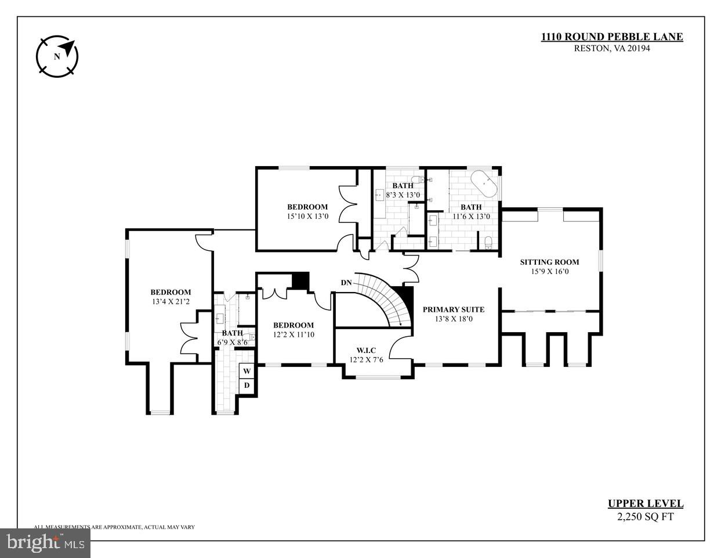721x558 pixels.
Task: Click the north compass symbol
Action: click(57, 56)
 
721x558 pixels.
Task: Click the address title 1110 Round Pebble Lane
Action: click(612, 37)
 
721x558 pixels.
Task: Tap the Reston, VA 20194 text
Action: click(612, 49)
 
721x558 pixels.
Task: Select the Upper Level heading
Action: click(645, 504)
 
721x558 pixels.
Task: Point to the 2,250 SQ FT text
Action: click(645, 517)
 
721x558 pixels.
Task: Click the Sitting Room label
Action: click(549, 262)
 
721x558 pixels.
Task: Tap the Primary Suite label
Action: click(453, 309)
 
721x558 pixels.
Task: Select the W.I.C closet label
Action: click(367, 350)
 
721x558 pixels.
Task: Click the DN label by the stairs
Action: click(346, 283)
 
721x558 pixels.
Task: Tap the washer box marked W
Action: click(247, 371)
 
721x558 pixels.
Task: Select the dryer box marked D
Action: click(247, 385)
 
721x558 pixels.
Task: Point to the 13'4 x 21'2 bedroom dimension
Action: click(171, 301)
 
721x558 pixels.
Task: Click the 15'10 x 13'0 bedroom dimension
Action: click(307, 216)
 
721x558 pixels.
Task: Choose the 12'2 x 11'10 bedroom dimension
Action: click(294, 334)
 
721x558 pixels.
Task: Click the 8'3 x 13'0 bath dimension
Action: click(403, 195)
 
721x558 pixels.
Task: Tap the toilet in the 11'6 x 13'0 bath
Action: click(488, 242)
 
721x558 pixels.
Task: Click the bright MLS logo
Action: click(45, 543)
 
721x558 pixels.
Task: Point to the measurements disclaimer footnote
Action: click(114, 527)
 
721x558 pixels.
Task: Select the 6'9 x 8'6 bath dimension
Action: click(232, 342)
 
